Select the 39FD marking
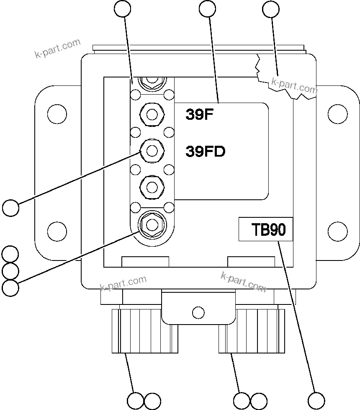(205, 151)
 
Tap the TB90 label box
(265, 229)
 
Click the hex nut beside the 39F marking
(152, 113)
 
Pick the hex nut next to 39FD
(152, 150)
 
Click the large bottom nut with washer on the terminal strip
(152, 224)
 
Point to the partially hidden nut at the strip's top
(152, 80)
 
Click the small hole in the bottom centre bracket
(198, 312)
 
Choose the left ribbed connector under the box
(145, 330)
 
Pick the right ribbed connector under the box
(252, 330)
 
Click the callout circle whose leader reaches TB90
(316, 400)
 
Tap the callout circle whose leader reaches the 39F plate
(208, 9)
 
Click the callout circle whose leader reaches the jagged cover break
(270, 9)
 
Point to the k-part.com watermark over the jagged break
(294, 85)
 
